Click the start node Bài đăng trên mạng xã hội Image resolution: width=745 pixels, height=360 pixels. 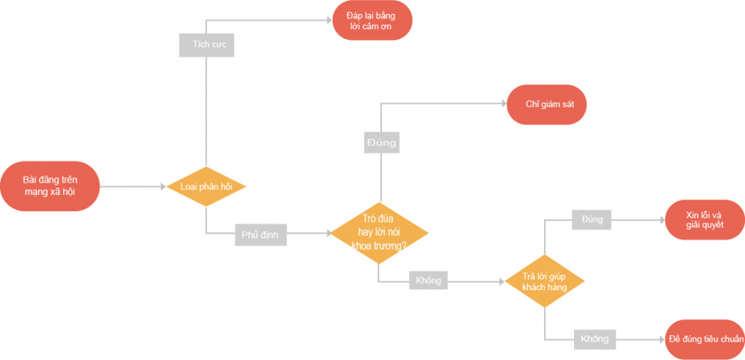pyautogui.click(x=50, y=186)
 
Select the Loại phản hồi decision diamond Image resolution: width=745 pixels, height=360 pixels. pyautogui.click(x=206, y=187)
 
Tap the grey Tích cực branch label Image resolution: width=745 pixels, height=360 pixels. pyautogui.click(x=207, y=44)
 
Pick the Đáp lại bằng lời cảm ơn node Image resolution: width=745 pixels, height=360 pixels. pyautogui.click(x=372, y=20)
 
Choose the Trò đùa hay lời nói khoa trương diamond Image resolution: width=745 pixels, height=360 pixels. pyautogui.click(x=379, y=233)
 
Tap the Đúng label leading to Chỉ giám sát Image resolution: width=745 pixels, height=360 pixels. pyautogui.click(x=382, y=142)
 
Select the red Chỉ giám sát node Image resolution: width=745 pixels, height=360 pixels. pyautogui.click(x=547, y=105)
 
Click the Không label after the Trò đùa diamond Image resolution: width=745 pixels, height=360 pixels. pyautogui.click(x=428, y=281)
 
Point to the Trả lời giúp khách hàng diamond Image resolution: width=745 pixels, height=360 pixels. pyautogui.click(x=544, y=281)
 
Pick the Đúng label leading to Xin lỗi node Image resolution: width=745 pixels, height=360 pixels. pyautogui.click(x=591, y=220)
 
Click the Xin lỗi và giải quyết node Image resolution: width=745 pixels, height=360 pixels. pyautogui.click(x=705, y=220)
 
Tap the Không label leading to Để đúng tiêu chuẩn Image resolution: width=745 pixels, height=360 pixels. pyautogui.click(x=595, y=340)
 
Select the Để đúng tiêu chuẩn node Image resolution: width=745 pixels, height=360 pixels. pyautogui.click(x=705, y=340)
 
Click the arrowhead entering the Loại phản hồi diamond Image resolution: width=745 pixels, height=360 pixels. pyautogui.click(x=163, y=187)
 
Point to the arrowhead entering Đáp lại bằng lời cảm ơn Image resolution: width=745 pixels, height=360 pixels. pyautogui.click(x=330, y=20)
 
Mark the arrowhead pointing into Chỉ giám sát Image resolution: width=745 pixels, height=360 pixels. pyautogui.click(x=503, y=103)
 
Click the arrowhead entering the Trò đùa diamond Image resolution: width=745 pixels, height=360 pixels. pyautogui.click(x=327, y=233)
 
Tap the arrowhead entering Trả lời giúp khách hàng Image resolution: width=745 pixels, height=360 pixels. pyautogui.click(x=501, y=281)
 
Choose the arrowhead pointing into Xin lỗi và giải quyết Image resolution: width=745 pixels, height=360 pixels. pyautogui.click(x=662, y=220)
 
